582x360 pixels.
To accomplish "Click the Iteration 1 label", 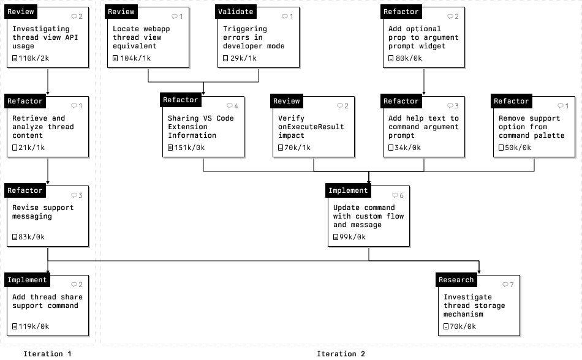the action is (x=47, y=354).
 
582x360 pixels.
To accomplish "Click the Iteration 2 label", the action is (x=341, y=354).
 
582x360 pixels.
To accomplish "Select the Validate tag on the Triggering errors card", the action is (x=236, y=12).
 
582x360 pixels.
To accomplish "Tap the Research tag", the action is (x=456, y=280).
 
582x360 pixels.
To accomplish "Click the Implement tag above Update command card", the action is (x=348, y=190).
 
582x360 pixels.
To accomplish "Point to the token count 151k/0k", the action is (x=186, y=148).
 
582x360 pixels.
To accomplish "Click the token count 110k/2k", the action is (x=31, y=58).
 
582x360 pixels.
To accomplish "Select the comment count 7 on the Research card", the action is (x=508, y=285).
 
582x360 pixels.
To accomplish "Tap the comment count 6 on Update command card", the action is (x=398, y=195).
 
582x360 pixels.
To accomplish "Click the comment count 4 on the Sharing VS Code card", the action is (x=232, y=106).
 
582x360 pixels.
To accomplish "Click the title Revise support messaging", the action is (x=43, y=212).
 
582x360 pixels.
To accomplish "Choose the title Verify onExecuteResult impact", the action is (x=311, y=127).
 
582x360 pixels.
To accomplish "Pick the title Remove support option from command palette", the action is (x=532, y=127).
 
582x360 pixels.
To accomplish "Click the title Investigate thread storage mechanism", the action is (x=474, y=306).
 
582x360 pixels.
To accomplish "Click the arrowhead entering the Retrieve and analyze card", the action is (x=48, y=93).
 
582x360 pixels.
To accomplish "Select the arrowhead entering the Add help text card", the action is (x=424, y=93).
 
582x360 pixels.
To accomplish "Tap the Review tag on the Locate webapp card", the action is (x=121, y=12).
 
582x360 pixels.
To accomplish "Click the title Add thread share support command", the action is (x=48, y=301).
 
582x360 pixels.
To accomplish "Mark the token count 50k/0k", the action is (x=515, y=148).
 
